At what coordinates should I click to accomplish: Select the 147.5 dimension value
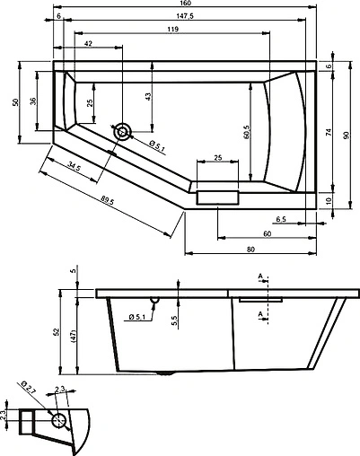pyautogui.click(x=186, y=16)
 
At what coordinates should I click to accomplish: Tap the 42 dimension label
pyautogui.click(x=88, y=43)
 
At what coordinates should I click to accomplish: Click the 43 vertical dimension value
pyautogui.click(x=147, y=96)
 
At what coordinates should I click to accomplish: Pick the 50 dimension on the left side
pyautogui.click(x=14, y=101)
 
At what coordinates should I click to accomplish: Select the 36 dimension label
pyautogui.click(x=33, y=101)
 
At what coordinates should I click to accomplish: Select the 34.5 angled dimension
pyautogui.click(x=74, y=167)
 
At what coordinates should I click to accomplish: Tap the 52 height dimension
pyautogui.click(x=56, y=332)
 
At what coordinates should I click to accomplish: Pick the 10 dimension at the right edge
pyautogui.click(x=329, y=200)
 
